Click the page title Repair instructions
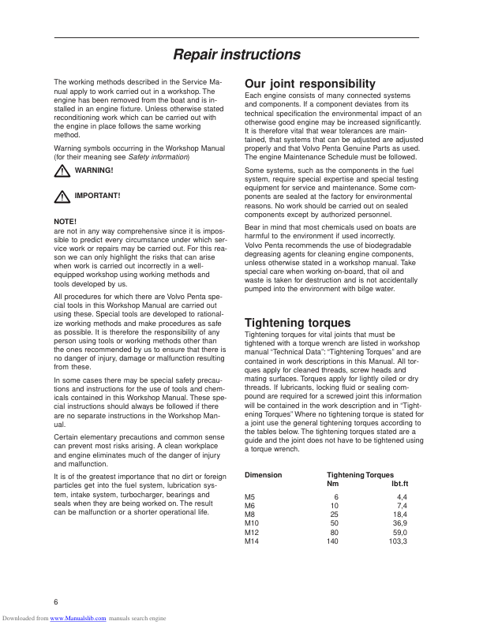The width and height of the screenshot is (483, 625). (x=237, y=55)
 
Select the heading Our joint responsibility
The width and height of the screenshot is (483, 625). (x=309, y=84)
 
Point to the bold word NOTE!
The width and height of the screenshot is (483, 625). (x=66, y=221)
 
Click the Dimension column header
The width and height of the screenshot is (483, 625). (x=263, y=475)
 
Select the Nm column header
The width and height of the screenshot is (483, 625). (x=332, y=484)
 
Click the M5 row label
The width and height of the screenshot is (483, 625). (x=250, y=497)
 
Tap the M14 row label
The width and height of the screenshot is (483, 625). (x=252, y=541)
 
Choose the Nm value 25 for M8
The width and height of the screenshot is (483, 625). (x=334, y=515)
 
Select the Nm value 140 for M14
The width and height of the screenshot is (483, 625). (x=331, y=541)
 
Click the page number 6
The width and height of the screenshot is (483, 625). (x=56, y=601)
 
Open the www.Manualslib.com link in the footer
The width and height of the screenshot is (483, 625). (x=78, y=619)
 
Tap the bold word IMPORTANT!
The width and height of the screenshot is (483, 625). (x=98, y=195)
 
